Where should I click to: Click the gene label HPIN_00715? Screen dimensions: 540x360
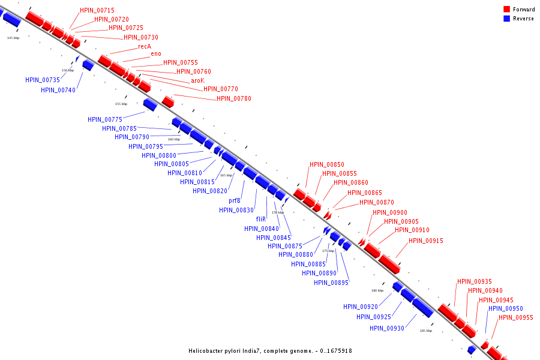click(x=97, y=11)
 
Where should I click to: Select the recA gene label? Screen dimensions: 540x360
click(x=145, y=46)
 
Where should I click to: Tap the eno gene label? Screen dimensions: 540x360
click(x=156, y=54)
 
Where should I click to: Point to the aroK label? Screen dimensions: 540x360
click(x=197, y=80)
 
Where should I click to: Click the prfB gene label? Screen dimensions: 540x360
click(x=235, y=201)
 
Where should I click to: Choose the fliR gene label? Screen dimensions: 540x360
click(x=261, y=220)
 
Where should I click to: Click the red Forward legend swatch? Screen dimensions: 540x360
click(x=506, y=10)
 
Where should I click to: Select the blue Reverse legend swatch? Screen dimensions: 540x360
click(x=506, y=19)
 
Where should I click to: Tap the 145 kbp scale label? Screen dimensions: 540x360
click(x=13, y=38)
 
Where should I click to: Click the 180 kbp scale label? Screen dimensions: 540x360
click(x=377, y=290)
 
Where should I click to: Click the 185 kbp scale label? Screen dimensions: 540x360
click(x=426, y=331)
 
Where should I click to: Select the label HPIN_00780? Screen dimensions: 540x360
click(x=234, y=98)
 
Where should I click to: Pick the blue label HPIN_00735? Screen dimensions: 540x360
click(x=43, y=80)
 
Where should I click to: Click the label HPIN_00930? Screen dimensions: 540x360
click(x=387, y=328)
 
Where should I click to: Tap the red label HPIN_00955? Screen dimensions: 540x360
click(x=516, y=318)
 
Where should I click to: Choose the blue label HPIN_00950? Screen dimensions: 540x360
click(x=505, y=309)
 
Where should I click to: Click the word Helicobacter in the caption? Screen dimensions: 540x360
click(x=207, y=351)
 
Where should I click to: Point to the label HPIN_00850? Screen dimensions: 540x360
click(x=327, y=165)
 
